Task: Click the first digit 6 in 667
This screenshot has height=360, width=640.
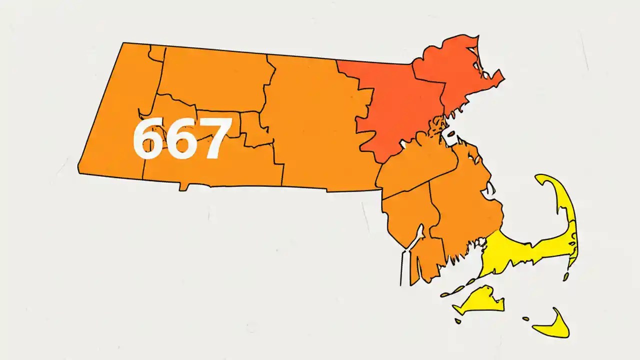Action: (149, 139)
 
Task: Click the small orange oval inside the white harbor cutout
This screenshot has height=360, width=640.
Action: (449, 133)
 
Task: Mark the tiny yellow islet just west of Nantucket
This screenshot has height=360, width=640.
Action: (525, 318)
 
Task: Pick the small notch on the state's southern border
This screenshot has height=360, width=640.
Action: (184, 187)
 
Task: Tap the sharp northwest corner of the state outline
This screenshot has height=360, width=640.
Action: (123, 43)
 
